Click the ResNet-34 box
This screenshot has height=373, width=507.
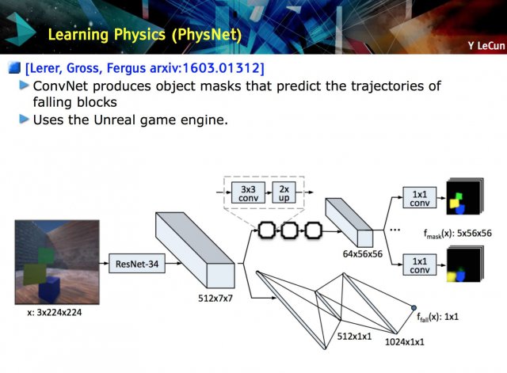137,264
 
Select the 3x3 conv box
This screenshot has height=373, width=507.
248,192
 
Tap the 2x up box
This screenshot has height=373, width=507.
284,192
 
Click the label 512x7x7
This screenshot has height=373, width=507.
215,298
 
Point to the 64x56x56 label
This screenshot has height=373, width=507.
363,253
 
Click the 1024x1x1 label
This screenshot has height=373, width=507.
405,341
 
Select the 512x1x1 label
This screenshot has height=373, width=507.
354,336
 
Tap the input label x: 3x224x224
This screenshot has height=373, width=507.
55,313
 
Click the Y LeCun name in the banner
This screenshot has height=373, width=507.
486,46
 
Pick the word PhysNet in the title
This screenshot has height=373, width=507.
207,35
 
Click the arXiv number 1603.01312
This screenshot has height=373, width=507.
221,68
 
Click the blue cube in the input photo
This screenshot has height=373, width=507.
49,288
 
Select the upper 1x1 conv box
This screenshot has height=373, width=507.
419,198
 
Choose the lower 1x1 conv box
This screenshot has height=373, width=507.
419,265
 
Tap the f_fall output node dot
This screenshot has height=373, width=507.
414,308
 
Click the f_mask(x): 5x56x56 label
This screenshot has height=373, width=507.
458,234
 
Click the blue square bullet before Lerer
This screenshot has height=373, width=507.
14,68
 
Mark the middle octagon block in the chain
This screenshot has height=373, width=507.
289,230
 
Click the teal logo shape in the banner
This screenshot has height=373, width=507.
20,29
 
